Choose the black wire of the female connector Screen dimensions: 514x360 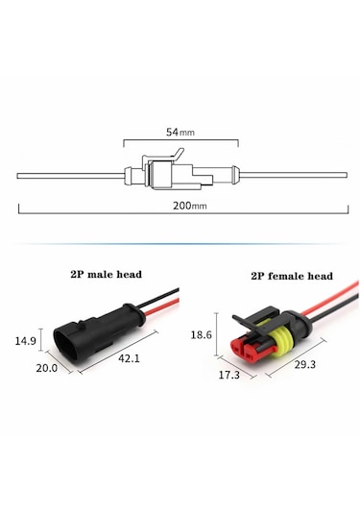(x=322, y=293)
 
